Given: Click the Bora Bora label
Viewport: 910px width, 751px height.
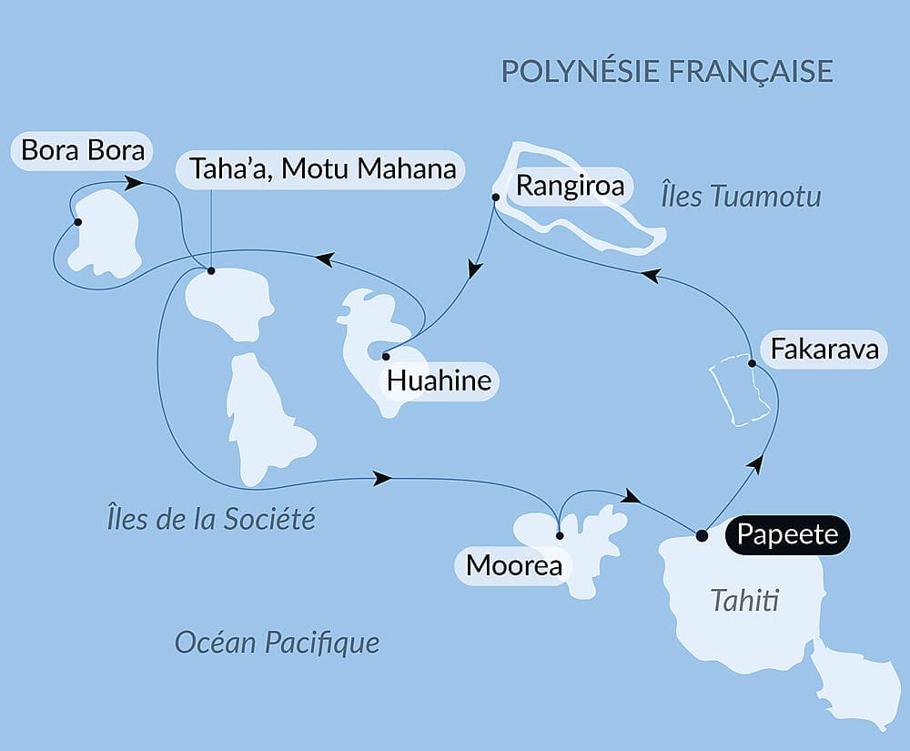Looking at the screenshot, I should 83,150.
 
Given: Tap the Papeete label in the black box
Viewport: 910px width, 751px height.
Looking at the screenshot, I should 787,534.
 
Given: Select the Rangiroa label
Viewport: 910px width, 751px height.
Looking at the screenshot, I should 571,187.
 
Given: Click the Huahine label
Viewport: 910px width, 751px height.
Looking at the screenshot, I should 440,381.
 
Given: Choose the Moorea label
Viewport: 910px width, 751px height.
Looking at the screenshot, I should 513,565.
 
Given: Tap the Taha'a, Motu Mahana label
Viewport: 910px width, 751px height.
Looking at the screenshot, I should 322,169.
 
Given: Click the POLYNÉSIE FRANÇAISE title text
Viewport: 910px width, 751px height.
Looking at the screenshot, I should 667,71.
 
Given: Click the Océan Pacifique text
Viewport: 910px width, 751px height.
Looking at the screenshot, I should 277,643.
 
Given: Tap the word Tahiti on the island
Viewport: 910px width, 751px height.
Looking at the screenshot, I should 746,601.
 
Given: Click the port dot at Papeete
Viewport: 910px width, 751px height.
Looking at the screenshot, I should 702,535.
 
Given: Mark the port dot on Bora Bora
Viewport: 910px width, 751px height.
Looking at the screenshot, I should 78,222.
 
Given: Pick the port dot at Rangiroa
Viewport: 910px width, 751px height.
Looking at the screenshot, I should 495,197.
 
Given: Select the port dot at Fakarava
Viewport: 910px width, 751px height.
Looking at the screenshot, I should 753,364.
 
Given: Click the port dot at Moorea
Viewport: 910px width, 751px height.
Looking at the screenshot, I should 559,535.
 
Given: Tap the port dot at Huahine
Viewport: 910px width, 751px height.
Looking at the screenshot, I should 386,356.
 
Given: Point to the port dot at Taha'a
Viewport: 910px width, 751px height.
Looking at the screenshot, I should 211,270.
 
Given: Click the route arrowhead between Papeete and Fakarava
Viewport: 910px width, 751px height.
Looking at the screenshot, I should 754,463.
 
